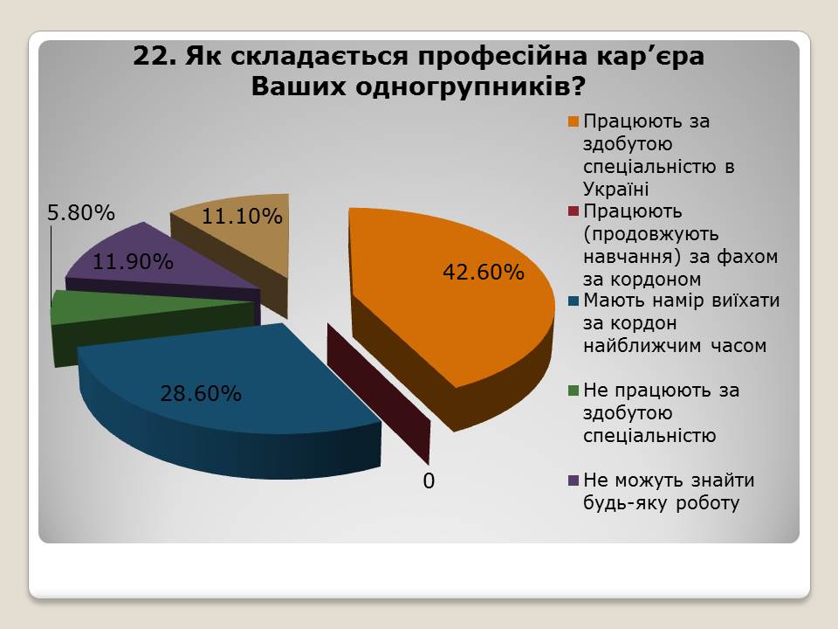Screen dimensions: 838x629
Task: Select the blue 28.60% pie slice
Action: tap(224, 396)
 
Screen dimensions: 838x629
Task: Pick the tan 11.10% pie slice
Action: tap(241, 235)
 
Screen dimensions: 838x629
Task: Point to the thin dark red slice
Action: tap(380, 393)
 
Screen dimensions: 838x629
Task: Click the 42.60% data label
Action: tap(484, 273)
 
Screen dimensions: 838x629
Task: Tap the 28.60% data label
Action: tap(201, 394)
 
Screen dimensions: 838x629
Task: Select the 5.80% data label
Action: tap(80, 213)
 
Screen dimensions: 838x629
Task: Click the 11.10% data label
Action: tap(242, 216)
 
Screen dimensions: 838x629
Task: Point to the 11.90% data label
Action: tap(133, 261)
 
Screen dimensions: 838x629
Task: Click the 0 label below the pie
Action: tap(429, 481)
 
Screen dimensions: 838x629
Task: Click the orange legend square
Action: tap(574, 122)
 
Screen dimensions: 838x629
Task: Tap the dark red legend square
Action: tap(574, 211)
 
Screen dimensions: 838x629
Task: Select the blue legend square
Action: tap(574, 301)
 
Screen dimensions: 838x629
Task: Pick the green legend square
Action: tap(574, 391)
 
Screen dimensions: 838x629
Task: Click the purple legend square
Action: tap(574, 480)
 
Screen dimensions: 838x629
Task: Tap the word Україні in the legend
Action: tap(615, 189)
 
